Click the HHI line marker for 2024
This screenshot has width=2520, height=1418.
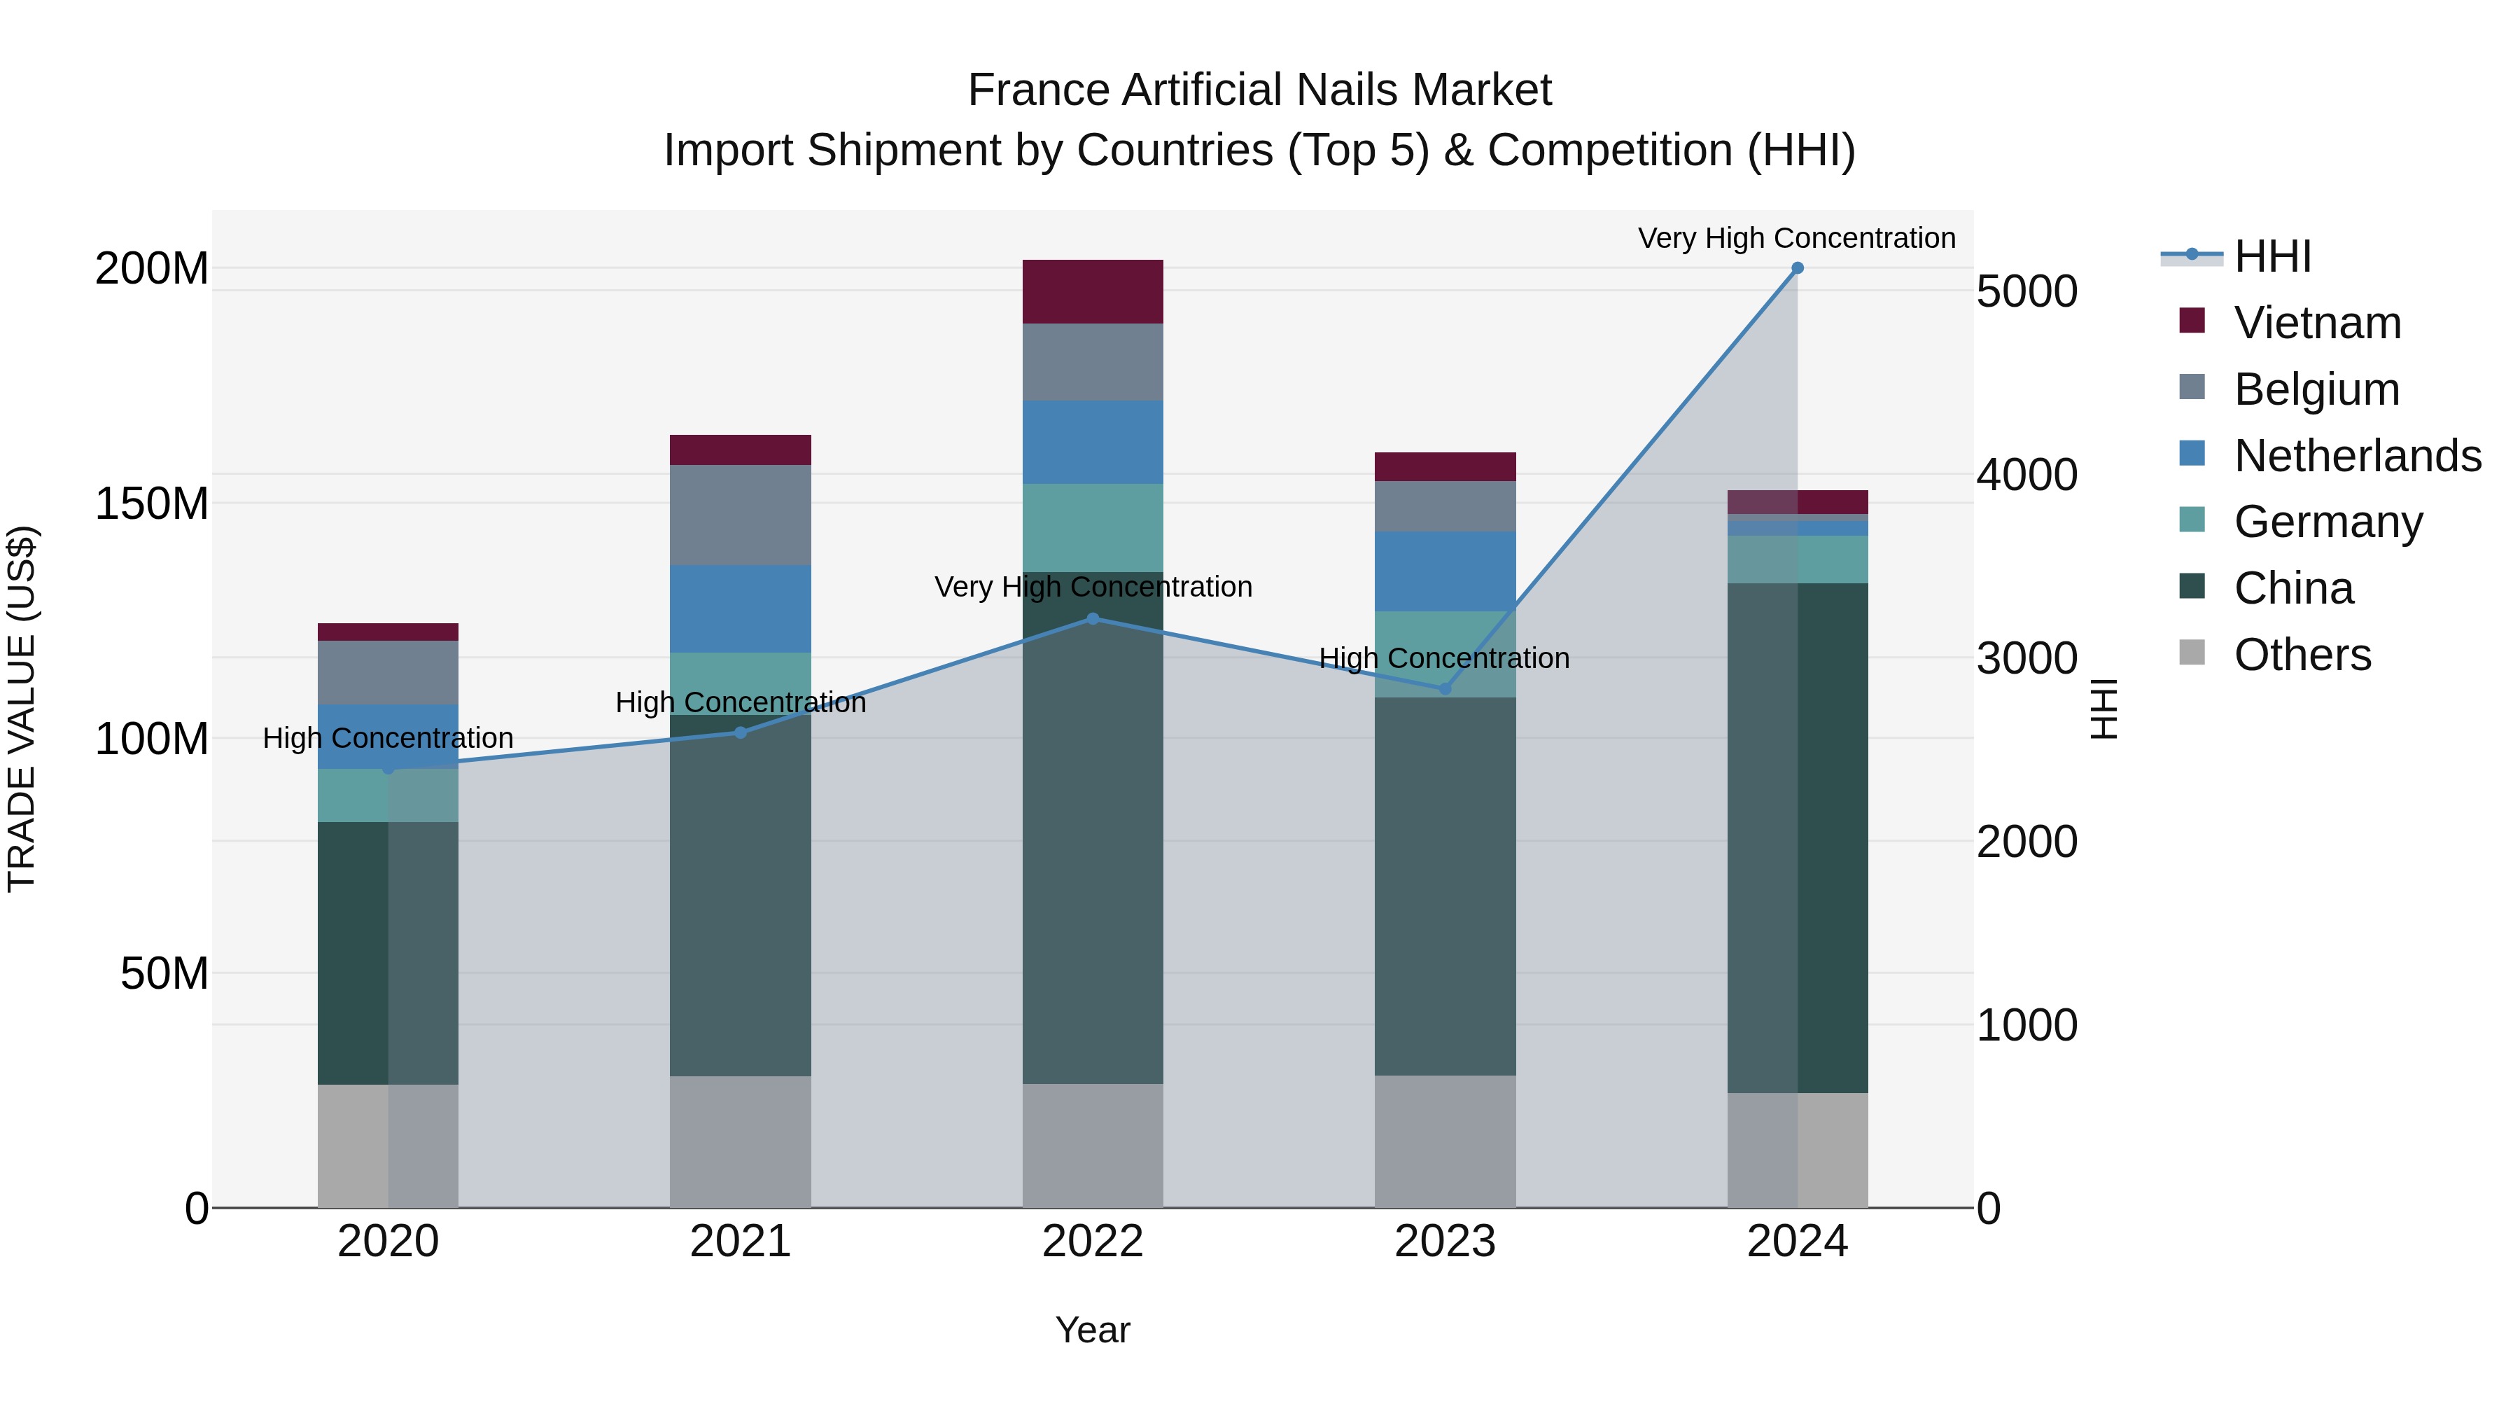coord(1797,268)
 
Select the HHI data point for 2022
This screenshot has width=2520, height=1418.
coord(1093,618)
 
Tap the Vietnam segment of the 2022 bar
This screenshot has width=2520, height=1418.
coord(1093,291)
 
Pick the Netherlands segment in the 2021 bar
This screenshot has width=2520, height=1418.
coord(741,609)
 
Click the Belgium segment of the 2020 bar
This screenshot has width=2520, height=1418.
coord(388,672)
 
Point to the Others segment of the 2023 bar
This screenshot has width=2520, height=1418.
coord(1445,1141)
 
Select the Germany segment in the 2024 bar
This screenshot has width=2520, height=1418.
coord(1797,559)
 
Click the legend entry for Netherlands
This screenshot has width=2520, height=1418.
coord(2358,456)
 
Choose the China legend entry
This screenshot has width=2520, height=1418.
coord(2293,588)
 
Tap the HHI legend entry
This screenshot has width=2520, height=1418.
coord(2272,256)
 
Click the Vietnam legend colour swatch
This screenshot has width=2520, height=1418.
coord(2192,321)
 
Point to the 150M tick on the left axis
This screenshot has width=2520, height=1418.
coord(152,504)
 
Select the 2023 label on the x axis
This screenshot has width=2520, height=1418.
coord(1445,1242)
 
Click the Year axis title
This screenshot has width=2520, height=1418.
coord(1093,1330)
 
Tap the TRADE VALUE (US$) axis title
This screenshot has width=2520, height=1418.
coord(22,709)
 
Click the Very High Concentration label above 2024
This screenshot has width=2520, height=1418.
coord(1797,238)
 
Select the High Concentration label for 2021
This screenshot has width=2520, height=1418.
coord(741,702)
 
